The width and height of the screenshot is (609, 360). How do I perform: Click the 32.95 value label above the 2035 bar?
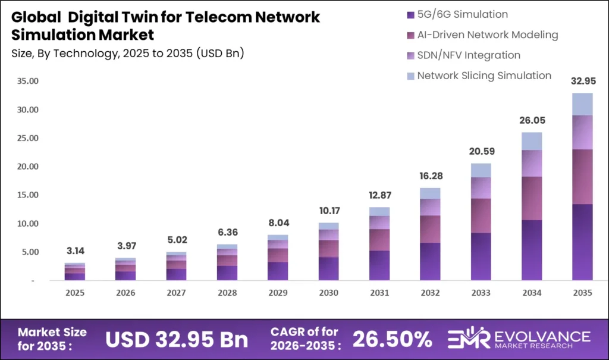pyautogui.click(x=582, y=80)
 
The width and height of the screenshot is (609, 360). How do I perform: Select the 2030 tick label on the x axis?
pyautogui.click(x=329, y=293)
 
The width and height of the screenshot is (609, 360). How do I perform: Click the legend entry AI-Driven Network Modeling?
pyautogui.click(x=488, y=35)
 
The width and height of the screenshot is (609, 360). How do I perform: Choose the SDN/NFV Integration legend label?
pyautogui.click(x=469, y=55)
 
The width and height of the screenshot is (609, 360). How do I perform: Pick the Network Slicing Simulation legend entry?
pyautogui.click(x=484, y=76)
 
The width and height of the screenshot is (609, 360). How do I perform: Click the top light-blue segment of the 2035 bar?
pyautogui.click(x=582, y=104)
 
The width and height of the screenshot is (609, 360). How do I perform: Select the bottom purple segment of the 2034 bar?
pyautogui.click(x=532, y=250)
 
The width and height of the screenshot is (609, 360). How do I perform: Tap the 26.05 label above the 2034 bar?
pyautogui.click(x=532, y=120)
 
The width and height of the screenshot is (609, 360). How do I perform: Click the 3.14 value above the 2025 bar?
pyautogui.click(x=75, y=250)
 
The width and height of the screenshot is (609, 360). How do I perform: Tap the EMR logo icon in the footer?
pyautogui.click(x=469, y=339)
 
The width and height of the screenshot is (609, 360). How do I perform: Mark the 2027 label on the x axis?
pyautogui.click(x=177, y=293)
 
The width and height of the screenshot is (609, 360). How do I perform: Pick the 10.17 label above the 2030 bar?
pyautogui.click(x=329, y=210)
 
